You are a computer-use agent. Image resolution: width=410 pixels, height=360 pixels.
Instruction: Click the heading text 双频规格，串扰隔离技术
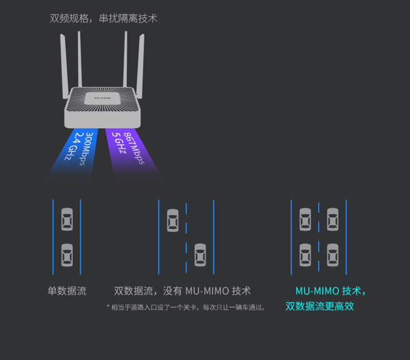(104, 18)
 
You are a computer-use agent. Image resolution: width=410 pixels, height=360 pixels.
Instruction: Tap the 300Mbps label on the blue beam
(86, 149)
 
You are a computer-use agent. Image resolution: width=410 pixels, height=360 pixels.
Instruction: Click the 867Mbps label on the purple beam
(134, 148)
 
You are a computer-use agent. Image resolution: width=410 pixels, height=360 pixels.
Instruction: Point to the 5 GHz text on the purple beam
(119, 143)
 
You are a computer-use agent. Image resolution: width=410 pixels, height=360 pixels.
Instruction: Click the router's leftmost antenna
(64, 66)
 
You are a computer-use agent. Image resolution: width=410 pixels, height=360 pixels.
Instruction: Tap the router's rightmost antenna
(140, 66)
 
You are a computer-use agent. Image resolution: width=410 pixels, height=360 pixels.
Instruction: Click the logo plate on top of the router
(102, 98)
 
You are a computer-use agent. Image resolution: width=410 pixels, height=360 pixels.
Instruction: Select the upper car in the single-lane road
(67, 219)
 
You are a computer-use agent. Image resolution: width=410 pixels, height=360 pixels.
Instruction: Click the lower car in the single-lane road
(67, 255)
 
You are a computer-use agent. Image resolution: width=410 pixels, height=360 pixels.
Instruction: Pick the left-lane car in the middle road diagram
(173, 220)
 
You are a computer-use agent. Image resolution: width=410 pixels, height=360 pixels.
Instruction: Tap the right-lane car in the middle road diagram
(200, 255)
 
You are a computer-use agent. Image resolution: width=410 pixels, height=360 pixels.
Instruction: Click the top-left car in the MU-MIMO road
(305, 220)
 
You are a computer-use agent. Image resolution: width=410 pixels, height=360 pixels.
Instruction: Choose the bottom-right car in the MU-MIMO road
(333, 255)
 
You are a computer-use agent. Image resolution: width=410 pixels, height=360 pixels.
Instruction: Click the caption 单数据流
(67, 291)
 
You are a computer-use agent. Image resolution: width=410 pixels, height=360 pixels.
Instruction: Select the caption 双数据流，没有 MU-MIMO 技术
(182, 291)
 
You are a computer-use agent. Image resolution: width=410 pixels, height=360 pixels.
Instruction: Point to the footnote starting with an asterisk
(186, 307)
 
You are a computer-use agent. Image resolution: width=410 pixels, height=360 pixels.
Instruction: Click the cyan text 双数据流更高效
(319, 306)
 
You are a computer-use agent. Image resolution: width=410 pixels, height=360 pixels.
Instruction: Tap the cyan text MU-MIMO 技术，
(331, 291)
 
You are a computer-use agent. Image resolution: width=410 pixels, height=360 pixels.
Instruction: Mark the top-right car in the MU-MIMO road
(333, 220)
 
